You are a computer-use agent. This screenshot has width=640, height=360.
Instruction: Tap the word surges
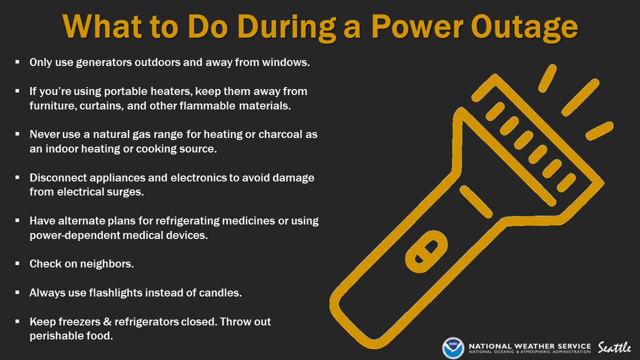point(126,192)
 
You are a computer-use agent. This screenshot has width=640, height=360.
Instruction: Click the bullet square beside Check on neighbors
point(18,264)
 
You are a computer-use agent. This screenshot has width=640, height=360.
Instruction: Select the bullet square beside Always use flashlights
point(18,293)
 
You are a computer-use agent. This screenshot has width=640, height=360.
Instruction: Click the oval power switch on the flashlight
point(426,250)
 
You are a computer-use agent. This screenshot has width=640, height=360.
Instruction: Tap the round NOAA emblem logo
point(453,347)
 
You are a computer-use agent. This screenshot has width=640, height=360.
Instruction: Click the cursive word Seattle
point(614,347)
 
